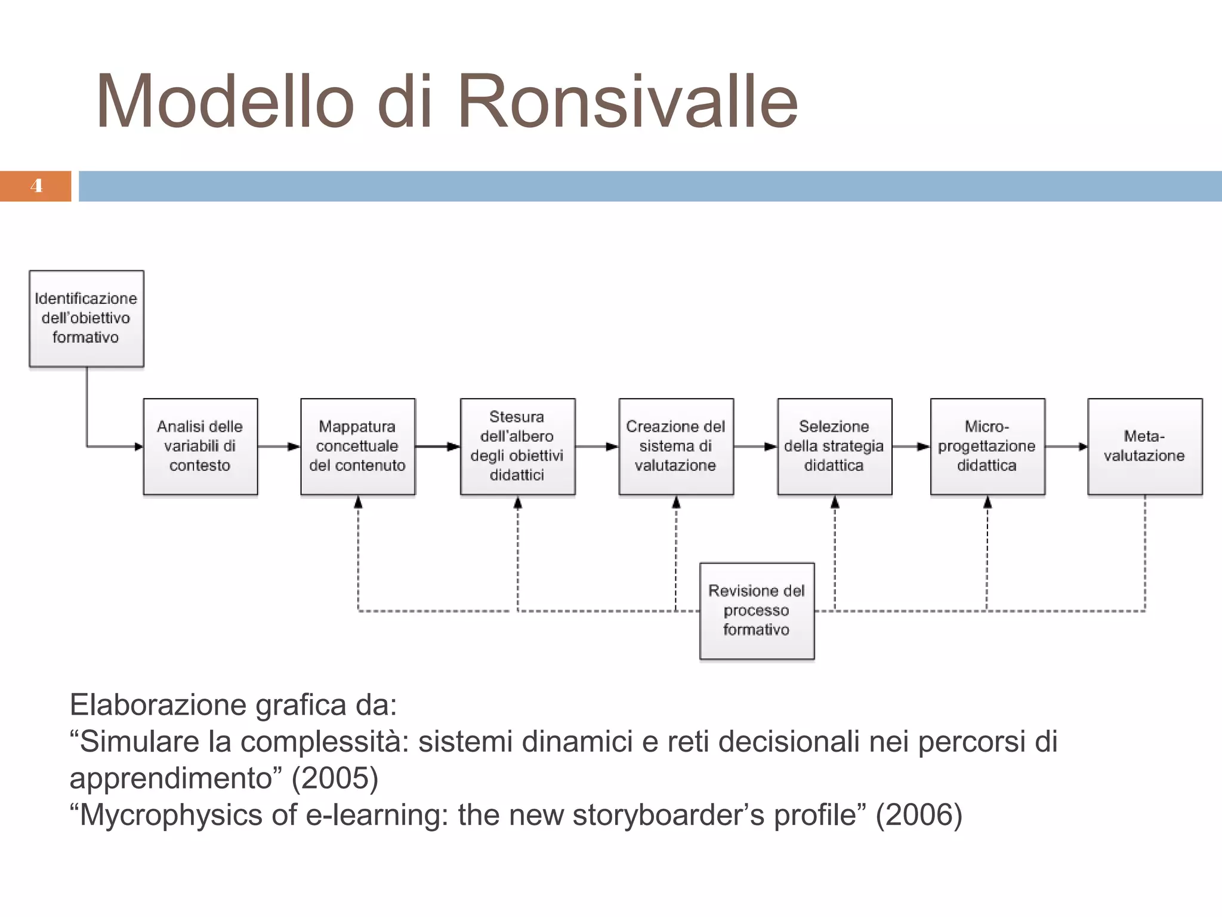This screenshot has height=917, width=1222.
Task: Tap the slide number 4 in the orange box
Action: (x=36, y=186)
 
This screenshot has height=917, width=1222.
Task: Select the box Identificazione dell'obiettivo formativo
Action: (x=87, y=318)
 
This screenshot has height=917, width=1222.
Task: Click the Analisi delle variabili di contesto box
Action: (x=200, y=447)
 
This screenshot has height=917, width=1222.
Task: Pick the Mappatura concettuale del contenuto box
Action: (x=358, y=447)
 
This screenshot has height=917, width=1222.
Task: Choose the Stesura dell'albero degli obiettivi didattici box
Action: (x=517, y=447)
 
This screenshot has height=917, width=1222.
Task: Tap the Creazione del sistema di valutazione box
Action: (x=676, y=447)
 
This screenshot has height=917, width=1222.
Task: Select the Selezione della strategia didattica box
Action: (x=834, y=447)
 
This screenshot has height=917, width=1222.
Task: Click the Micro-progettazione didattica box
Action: (x=988, y=447)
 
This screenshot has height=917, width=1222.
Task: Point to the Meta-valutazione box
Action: (x=1144, y=447)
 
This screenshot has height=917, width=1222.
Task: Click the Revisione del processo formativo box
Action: (x=757, y=611)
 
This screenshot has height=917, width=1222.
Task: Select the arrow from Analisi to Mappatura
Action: (x=279, y=447)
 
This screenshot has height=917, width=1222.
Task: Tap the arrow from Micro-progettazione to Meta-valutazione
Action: (x=1066, y=447)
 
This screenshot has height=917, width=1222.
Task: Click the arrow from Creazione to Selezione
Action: (x=755, y=447)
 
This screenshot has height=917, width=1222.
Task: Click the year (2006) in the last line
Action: (x=919, y=815)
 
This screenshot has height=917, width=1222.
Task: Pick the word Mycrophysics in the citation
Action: (x=171, y=816)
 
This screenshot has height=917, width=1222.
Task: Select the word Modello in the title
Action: (x=226, y=101)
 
